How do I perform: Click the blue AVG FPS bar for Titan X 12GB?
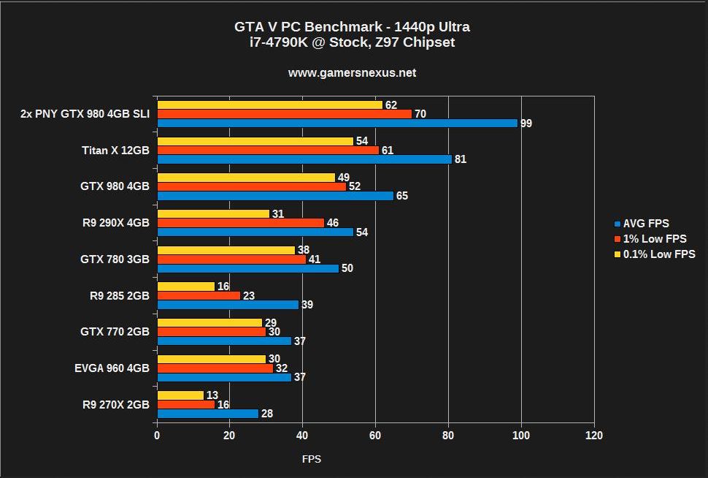click(x=304, y=159)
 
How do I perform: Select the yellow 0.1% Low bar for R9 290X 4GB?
click(x=214, y=213)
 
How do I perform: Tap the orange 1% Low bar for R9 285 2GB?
click(x=199, y=295)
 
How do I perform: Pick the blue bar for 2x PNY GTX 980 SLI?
click(x=337, y=123)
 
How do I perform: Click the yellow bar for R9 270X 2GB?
click(x=180, y=395)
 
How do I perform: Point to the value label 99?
click(x=526, y=123)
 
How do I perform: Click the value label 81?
click(x=461, y=159)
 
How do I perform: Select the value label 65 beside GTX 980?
click(x=402, y=196)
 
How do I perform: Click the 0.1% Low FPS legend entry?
click(x=659, y=254)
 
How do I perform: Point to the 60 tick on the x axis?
click(x=375, y=436)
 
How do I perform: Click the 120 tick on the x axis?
click(x=593, y=436)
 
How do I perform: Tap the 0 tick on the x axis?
click(x=157, y=436)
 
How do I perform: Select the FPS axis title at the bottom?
click(x=312, y=459)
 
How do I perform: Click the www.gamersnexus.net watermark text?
click(x=352, y=72)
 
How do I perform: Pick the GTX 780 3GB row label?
click(x=115, y=259)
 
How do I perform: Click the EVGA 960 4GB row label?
click(x=112, y=368)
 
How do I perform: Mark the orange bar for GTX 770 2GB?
click(x=212, y=332)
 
